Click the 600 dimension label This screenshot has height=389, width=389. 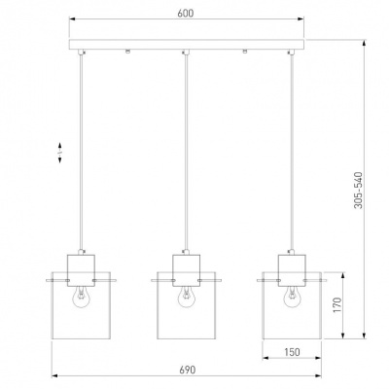[x=186, y=14]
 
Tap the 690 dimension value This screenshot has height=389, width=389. [x=188, y=370]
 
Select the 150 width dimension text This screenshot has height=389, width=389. [x=292, y=352]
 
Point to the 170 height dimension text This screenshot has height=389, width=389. [x=337, y=305]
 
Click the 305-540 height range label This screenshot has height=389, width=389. [x=358, y=190]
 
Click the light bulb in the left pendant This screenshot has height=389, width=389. [x=81, y=297]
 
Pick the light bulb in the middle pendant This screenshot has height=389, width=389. [x=186, y=297]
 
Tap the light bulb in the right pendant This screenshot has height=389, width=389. [x=292, y=297]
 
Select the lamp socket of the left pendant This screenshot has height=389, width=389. [x=81, y=270]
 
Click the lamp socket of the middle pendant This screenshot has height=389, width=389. [x=187, y=270]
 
